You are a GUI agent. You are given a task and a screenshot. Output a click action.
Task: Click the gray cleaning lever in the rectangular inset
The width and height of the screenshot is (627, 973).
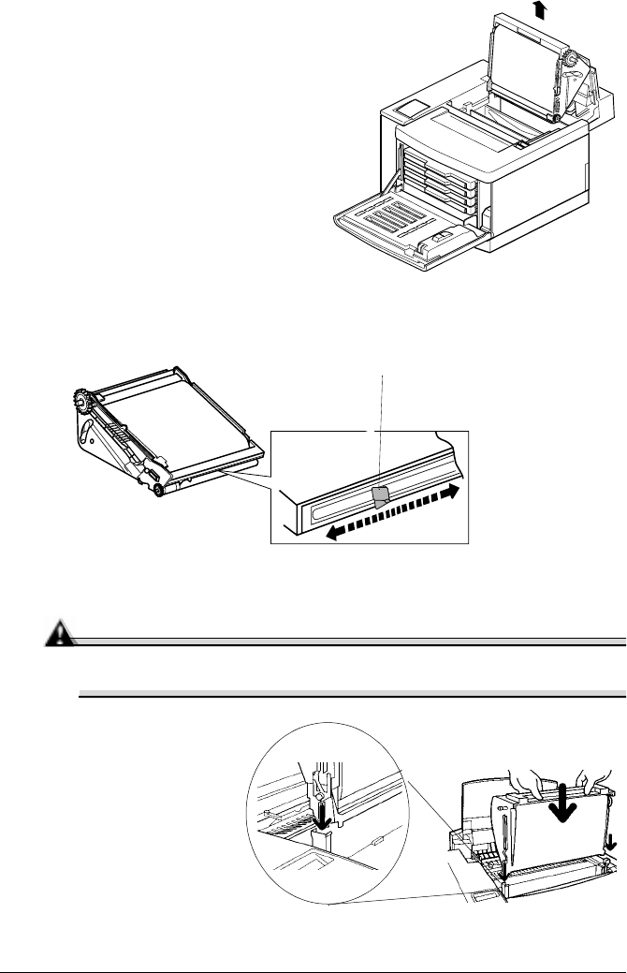pos(379,497)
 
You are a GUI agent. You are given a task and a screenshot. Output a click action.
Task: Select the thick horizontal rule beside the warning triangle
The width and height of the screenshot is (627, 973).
pos(346,642)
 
